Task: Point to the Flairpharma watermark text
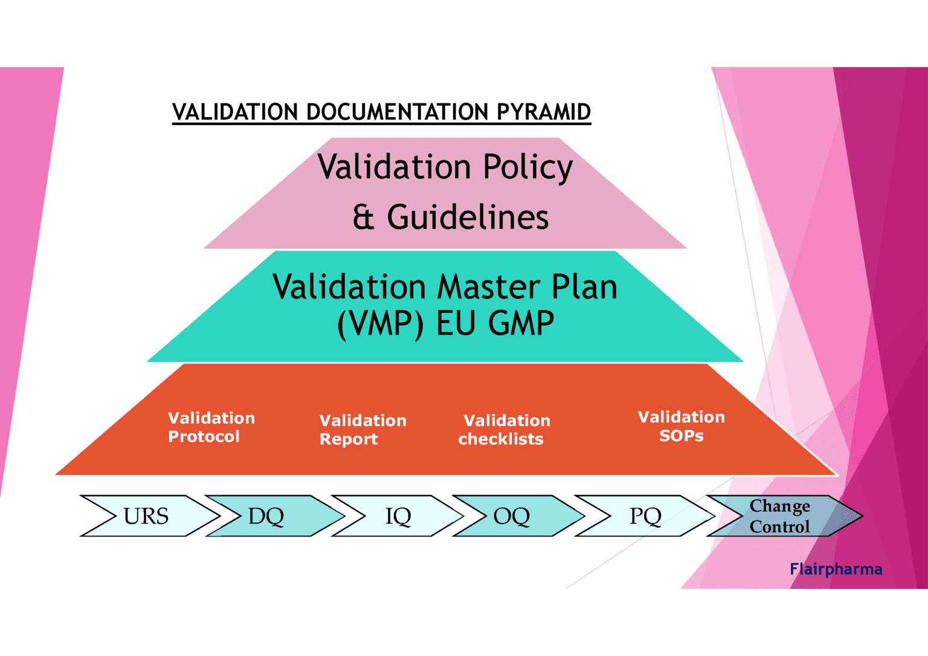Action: pyautogui.click(x=836, y=569)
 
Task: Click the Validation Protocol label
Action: pyautogui.click(x=211, y=427)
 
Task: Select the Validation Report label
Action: pyautogui.click(x=362, y=429)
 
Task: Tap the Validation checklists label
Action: pyautogui.click(x=504, y=429)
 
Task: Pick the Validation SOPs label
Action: pyautogui.click(x=681, y=426)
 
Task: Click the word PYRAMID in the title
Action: pyautogui.click(x=543, y=112)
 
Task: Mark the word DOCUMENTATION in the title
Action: pyautogui.click(x=397, y=112)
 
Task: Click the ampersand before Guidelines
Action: pyautogui.click(x=363, y=217)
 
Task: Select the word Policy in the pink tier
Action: pyautogui.click(x=527, y=167)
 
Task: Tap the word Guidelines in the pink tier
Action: pyautogui.click(x=468, y=217)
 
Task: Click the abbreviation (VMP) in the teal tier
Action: pyautogui.click(x=380, y=324)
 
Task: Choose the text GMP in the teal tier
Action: pyautogui.click(x=521, y=324)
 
